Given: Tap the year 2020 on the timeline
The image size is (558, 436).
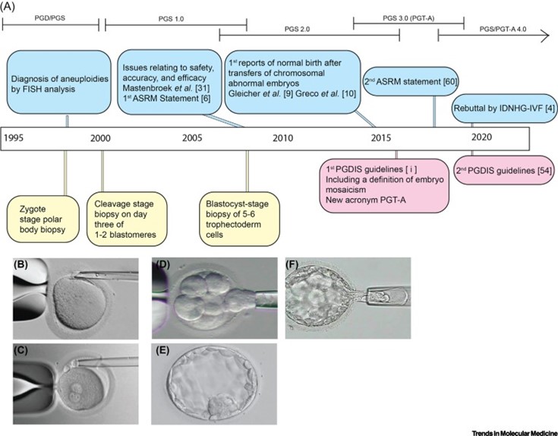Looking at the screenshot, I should (x=481, y=137).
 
